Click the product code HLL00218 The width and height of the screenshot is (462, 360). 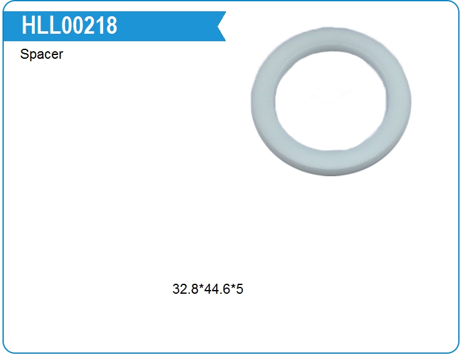(x=69, y=26)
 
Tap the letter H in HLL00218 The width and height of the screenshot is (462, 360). (x=27, y=26)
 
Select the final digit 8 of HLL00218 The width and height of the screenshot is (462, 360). (x=112, y=26)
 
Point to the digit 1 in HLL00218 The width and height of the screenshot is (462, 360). (x=101, y=26)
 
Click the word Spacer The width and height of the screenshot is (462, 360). (x=42, y=54)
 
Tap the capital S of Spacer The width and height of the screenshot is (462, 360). (x=24, y=54)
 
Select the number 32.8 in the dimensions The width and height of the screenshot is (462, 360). (x=185, y=289)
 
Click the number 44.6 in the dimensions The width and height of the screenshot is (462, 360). (x=217, y=289)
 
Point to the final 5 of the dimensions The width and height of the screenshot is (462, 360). (x=240, y=289)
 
